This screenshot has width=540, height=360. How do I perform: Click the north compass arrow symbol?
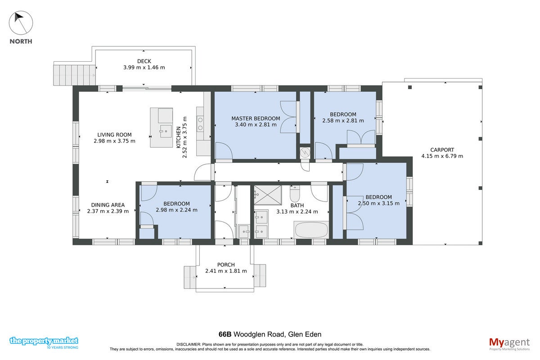point(21,23)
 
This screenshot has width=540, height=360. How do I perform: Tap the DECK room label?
point(144,61)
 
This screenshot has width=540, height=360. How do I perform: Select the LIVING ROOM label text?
point(114,135)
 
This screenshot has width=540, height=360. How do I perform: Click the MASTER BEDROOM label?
point(256,118)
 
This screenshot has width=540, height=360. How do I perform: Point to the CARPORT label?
point(442,150)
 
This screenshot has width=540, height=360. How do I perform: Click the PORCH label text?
point(226,265)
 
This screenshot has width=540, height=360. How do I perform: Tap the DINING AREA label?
point(108,205)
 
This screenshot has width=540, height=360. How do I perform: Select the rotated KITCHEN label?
point(179,137)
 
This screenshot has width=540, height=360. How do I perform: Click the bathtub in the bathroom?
point(311,230)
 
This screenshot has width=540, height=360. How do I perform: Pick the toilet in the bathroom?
point(295,193)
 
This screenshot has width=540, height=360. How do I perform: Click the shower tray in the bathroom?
point(268,195)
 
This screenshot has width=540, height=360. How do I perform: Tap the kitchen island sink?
point(166,131)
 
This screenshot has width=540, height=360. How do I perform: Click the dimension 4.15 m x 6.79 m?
point(442,156)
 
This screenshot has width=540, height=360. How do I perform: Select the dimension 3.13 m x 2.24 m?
point(297,211)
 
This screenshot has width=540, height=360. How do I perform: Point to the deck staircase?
point(74,75)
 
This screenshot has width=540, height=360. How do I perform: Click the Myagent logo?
point(509,344)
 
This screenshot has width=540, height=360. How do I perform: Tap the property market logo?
point(44,342)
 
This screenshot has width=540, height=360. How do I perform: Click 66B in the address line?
point(225,334)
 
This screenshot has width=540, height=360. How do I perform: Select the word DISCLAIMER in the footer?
point(189,344)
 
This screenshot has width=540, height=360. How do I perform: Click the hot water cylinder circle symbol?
point(305,153)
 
